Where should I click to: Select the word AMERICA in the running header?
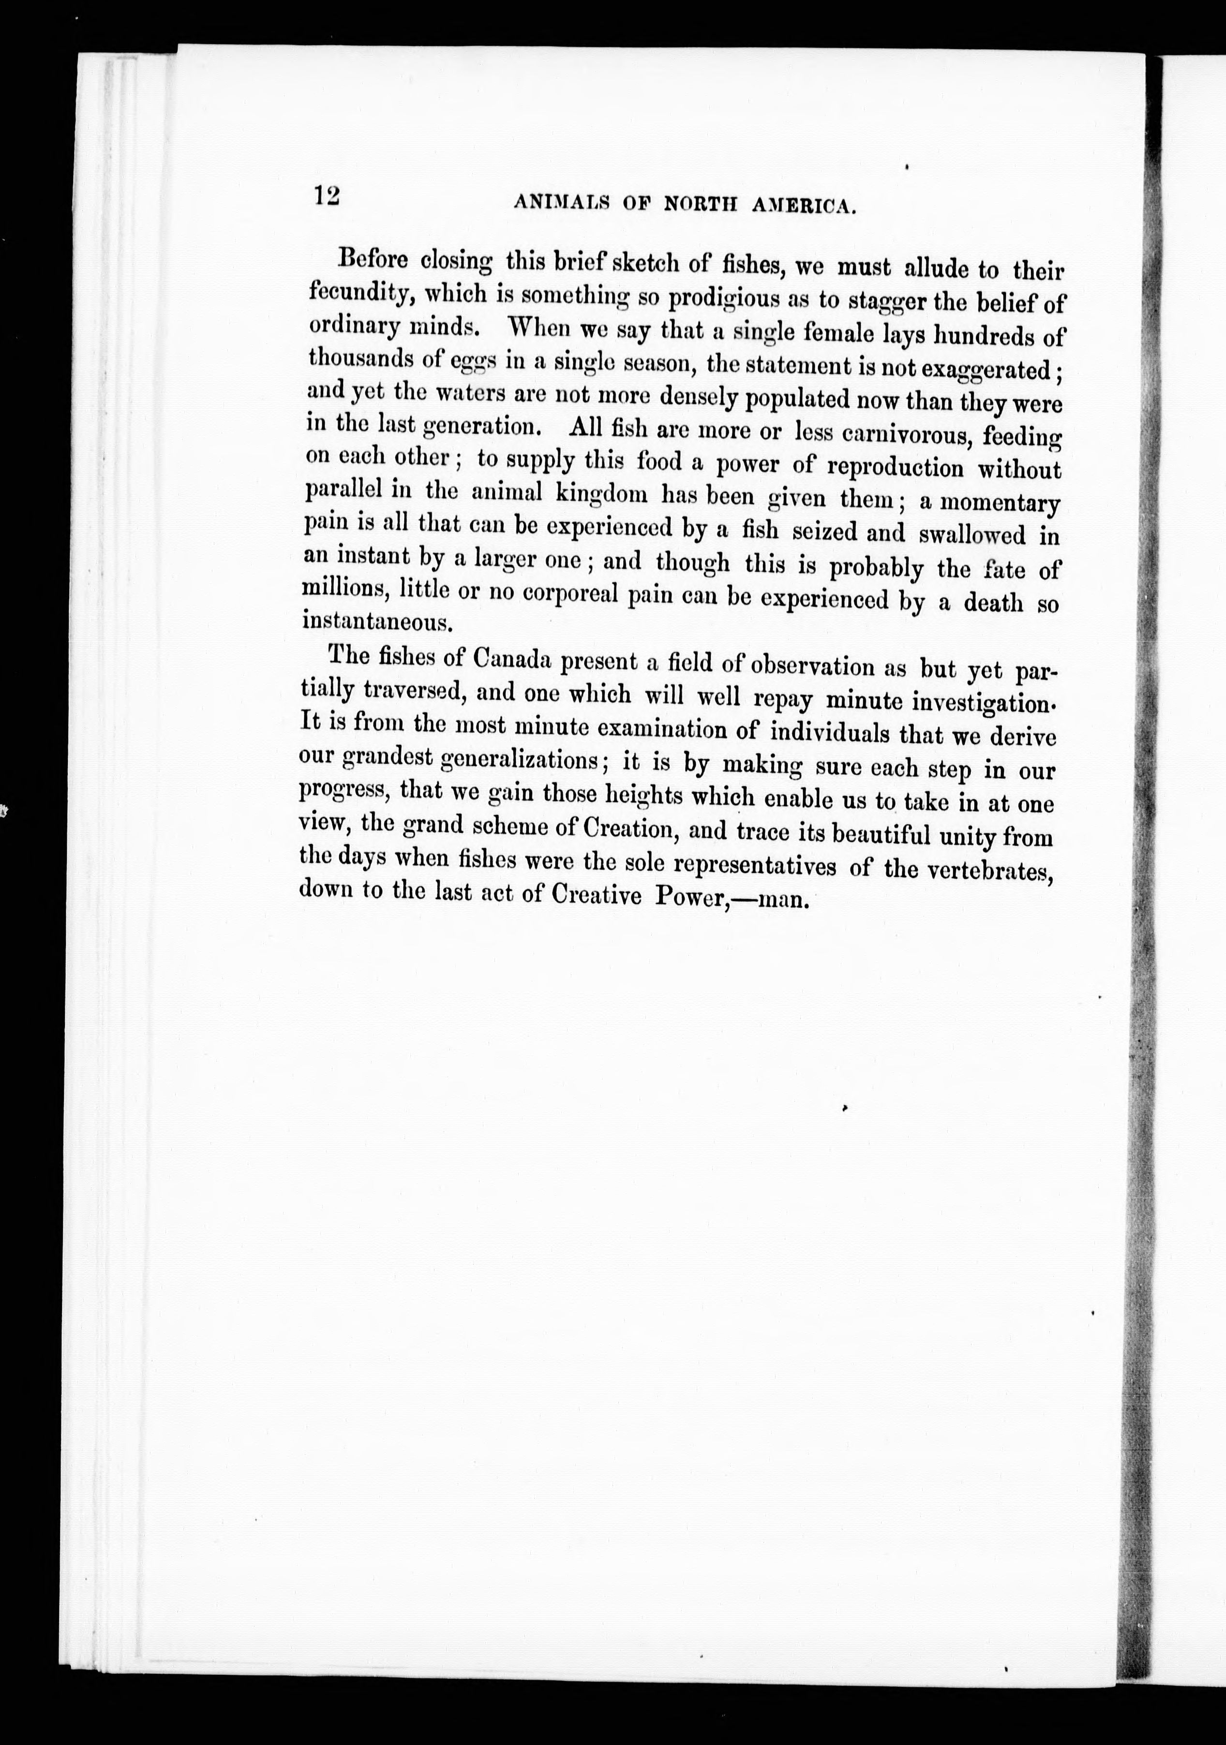[806, 206]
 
